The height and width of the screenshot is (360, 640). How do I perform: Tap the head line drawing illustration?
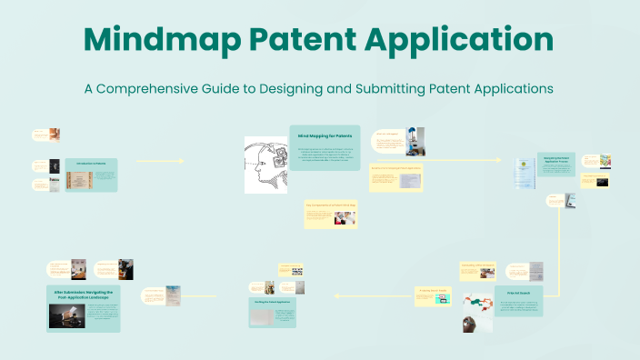tap(265, 164)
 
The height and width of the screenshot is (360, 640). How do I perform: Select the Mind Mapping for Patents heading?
tap(324, 135)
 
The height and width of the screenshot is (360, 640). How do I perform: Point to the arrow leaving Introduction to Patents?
tap(159, 161)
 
